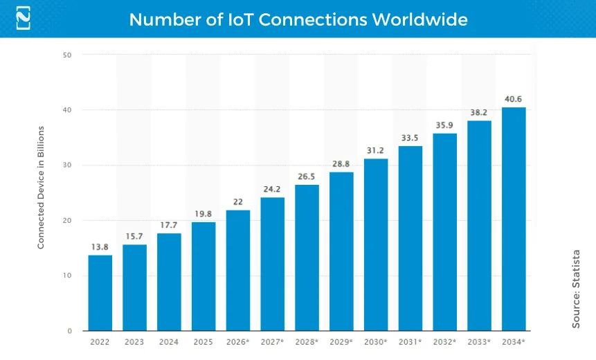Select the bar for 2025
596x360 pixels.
(x=204, y=276)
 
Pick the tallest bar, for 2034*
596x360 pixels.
(x=514, y=219)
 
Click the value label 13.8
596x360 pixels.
(x=100, y=246)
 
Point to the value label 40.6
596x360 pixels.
(x=514, y=99)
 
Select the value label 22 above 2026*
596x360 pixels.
(x=237, y=201)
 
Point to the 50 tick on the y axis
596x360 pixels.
(x=68, y=55)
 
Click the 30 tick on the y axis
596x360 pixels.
(x=68, y=165)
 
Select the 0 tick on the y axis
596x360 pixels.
(x=70, y=331)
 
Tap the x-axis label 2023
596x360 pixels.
(x=134, y=342)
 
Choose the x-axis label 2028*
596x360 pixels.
(x=307, y=342)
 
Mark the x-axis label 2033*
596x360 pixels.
(x=479, y=342)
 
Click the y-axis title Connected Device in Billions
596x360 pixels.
(x=41, y=188)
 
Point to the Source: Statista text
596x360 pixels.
(x=576, y=289)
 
